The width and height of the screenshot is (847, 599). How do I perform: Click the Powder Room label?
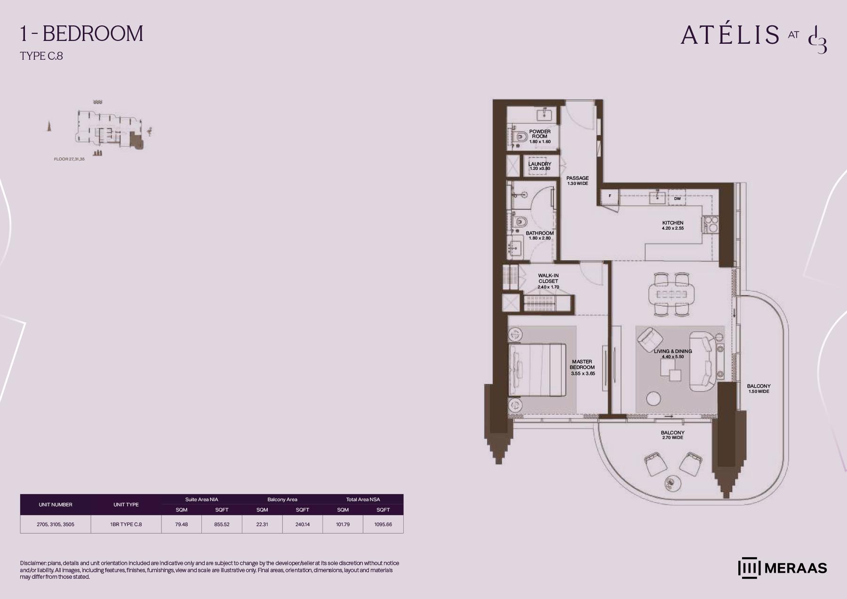pyautogui.click(x=540, y=136)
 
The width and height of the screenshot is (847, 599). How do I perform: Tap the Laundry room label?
pyautogui.click(x=540, y=166)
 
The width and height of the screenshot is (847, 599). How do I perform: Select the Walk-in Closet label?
pyautogui.click(x=548, y=281)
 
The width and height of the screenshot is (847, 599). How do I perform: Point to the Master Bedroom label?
pyautogui.click(x=583, y=367)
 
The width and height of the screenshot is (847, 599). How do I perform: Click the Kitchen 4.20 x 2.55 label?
pyautogui.click(x=673, y=225)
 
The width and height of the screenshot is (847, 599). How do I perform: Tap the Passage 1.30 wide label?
pyautogui.click(x=577, y=181)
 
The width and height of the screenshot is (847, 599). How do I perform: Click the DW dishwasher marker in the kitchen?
pyautogui.click(x=677, y=199)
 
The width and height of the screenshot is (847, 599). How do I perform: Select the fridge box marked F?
pyautogui.click(x=610, y=196)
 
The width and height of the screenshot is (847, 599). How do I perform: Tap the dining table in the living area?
pyautogui.click(x=671, y=295)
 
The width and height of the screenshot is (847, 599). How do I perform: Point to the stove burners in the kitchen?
pyautogui.click(x=711, y=224)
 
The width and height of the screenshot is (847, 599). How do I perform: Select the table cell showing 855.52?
pyautogui.click(x=222, y=524)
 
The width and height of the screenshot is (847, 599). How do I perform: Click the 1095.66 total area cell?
pyautogui.click(x=383, y=524)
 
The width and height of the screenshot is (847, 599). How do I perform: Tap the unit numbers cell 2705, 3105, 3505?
pyautogui.click(x=56, y=524)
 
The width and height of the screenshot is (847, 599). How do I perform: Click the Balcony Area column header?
pyautogui.click(x=282, y=499)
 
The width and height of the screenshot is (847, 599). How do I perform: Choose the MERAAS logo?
pyautogui.click(x=783, y=568)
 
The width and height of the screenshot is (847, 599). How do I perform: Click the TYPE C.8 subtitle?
pyautogui.click(x=41, y=56)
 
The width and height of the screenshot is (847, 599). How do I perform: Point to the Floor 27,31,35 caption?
pyautogui.click(x=69, y=159)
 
